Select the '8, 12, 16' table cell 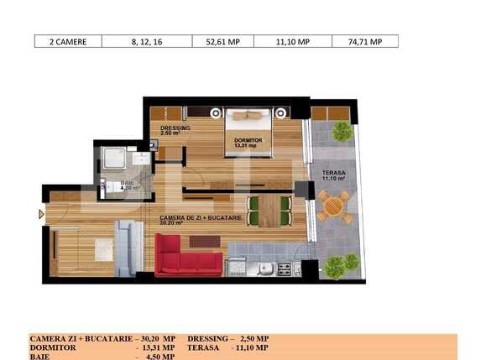pyautogui.click(x=144, y=40)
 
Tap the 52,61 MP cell pyautogui.click(x=226, y=40)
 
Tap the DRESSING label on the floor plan pyautogui.click(x=175, y=128)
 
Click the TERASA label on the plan pyautogui.click(x=333, y=174)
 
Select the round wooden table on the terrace pyautogui.click(x=334, y=205)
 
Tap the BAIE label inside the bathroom pyautogui.click(x=125, y=183)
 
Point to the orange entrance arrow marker pyautogui.click(x=40, y=215)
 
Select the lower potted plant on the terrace pyautogui.click(x=335, y=266)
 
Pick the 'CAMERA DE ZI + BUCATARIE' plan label pyautogui.click(x=201, y=218)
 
